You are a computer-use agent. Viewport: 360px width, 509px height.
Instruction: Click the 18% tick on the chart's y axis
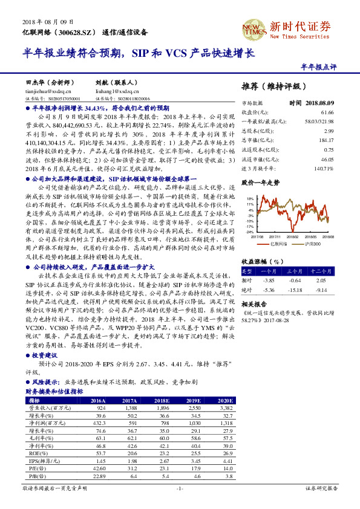pyautogui.click(x=249, y=198)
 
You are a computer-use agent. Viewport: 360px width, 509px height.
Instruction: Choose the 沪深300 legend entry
pyautogui.click(x=311, y=243)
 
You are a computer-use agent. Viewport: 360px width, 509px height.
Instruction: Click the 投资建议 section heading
pyautogui.click(x=45, y=355)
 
